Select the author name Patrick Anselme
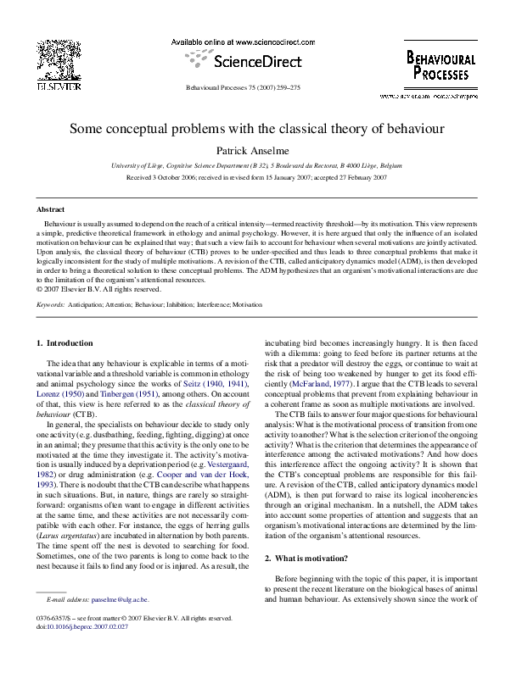pos(252,151)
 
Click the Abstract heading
pos(51,209)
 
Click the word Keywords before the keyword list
pos(51,303)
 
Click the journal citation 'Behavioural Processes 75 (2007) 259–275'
pos(252,88)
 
